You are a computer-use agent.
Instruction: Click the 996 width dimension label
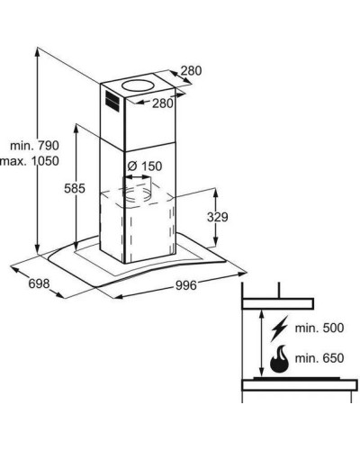(x=186, y=285)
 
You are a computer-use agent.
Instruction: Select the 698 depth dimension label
(x=39, y=283)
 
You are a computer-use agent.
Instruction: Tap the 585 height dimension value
(x=75, y=188)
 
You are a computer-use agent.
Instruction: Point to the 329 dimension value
(x=218, y=217)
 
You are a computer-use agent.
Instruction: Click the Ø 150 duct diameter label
(x=145, y=166)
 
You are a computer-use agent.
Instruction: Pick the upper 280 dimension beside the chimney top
(x=191, y=71)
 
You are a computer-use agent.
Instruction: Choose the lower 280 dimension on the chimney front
(x=163, y=103)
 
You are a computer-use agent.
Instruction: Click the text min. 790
(x=34, y=146)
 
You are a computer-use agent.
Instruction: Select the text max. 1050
(x=30, y=161)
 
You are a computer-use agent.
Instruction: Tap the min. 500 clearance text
(x=319, y=328)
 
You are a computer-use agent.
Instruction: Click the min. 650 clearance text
(x=319, y=358)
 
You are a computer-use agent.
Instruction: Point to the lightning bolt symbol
(x=279, y=328)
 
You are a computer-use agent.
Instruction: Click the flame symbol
(x=279, y=359)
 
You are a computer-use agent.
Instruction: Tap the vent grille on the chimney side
(x=112, y=102)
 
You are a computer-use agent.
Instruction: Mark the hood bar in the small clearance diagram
(x=278, y=303)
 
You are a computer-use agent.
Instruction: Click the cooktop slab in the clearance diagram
(x=300, y=384)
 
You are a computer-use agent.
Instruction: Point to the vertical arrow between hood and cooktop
(x=262, y=344)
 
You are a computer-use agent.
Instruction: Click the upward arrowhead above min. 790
(x=37, y=52)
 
